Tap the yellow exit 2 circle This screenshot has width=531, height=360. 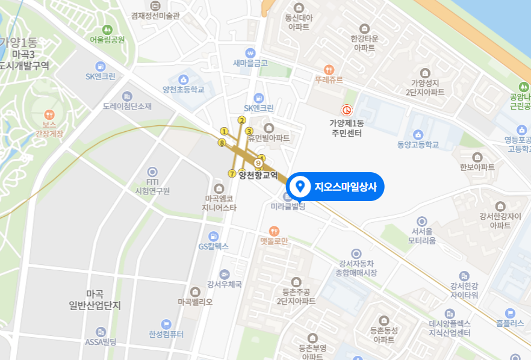pyautogui.click(x=242, y=120)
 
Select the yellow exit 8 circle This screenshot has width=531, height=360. pyautogui.click(x=222, y=143)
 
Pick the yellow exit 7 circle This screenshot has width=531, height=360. pyautogui.click(x=232, y=174)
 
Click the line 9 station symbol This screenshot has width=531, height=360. pyautogui.click(x=258, y=163)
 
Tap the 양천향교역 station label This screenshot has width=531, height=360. pyautogui.click(x=258, y=176)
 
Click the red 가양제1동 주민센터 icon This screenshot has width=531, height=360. pyautogui.click(x=346, y=110)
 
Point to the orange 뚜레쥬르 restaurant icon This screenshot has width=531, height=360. pyautogui.click(x=329, y=69)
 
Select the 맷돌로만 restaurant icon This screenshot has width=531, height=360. pyautogui.click(x=274, y=231)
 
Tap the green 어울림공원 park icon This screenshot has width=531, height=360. pyautogui.click(x=107, y=29)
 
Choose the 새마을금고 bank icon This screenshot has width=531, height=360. pyautogui.click(x=250, y=52)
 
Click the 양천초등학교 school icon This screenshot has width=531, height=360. pyautogui.click(x=184, y=79)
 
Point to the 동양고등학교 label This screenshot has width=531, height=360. pyautogui.click(x=418, y=145)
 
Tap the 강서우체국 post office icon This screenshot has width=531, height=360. pyautogui.click(x=225, y=274)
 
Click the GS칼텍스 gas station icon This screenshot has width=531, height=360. pyautogui.click(x=214, y=236)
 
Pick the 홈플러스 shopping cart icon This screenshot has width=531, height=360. pyautogui.click(x=511, y=312)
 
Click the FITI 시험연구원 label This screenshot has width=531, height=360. pyautogui.click(x=152, y=186)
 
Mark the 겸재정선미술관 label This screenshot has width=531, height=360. pyautogui.click(x=155, y=16)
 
